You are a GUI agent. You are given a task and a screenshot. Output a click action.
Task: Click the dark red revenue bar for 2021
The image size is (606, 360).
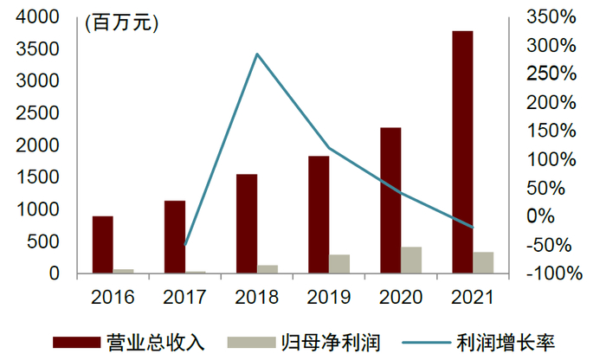click(463, 152)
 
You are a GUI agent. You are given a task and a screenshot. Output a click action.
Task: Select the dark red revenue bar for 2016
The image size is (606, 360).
click(102, 245)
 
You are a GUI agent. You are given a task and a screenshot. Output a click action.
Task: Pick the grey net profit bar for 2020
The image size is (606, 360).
click(411, 260)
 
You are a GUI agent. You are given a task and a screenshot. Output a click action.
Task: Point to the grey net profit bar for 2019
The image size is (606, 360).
click(339, 264)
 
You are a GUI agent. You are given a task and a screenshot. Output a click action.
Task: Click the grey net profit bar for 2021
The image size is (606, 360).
click(483, 263)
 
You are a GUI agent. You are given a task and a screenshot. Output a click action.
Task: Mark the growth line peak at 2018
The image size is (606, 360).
click(257, 55)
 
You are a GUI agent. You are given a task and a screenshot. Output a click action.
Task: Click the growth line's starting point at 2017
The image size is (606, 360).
click(185, 245)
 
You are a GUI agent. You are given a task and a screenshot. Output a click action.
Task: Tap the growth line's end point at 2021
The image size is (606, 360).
click(474, 228)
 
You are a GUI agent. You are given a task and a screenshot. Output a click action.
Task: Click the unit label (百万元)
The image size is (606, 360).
click(122, 23)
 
